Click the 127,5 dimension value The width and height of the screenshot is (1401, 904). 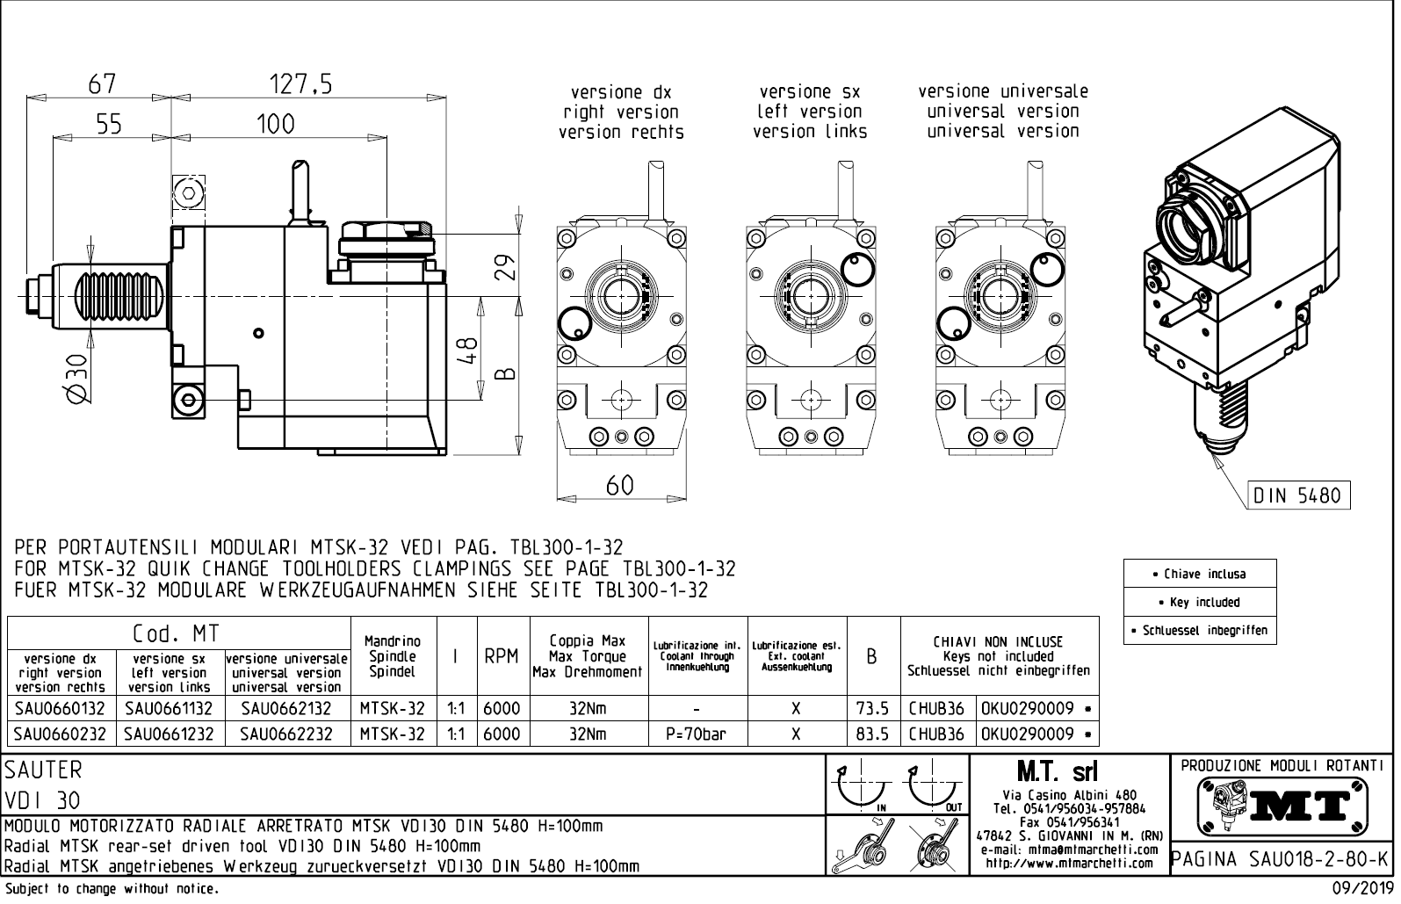pos(300,83)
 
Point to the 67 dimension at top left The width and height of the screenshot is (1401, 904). pos(102,83)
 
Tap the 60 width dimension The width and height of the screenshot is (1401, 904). pos(620,485)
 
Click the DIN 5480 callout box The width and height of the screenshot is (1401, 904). pos(1299,495)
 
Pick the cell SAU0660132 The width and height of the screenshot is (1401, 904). pos(61,709)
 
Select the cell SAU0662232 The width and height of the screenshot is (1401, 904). pos(287,734)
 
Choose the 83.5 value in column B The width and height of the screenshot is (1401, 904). pos(872,734)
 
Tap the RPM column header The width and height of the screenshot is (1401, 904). pos(502,656)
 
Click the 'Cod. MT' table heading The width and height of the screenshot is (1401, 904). pos(176,633)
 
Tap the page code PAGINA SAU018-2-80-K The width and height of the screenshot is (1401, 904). pos(1282,857)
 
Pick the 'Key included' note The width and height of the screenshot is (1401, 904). pos(1199,603)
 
